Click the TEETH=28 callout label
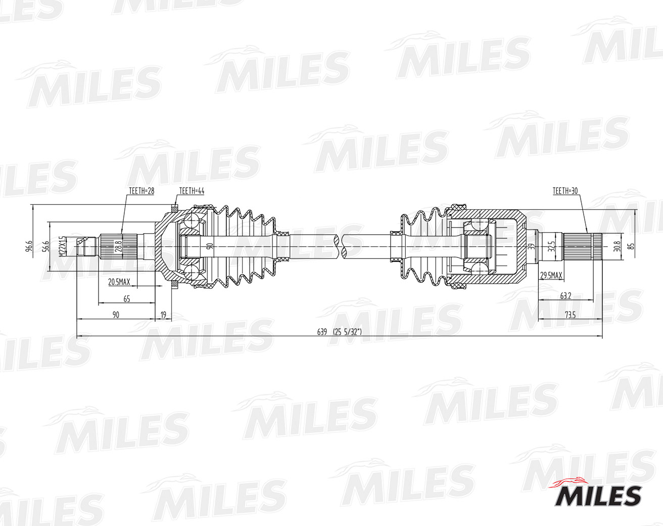coord(141,191)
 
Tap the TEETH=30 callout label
coord(565,191)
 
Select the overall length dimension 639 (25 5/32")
coord(340,332)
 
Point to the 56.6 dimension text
coord(46,246)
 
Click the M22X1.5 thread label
coord(62,246)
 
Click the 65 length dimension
coord(126,299)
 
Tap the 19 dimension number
coord(163,315)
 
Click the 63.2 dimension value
coord(565,296)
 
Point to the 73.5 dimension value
coord(570,315)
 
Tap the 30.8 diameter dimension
coord(615,246)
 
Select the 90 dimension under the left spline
coord(116,315)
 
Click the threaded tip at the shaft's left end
coord(86,247)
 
